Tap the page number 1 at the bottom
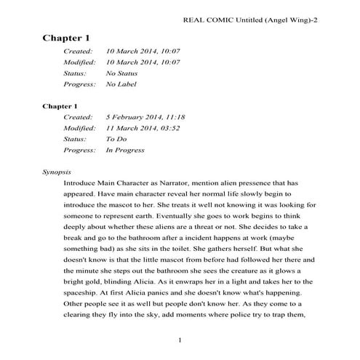tap(180, 340)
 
